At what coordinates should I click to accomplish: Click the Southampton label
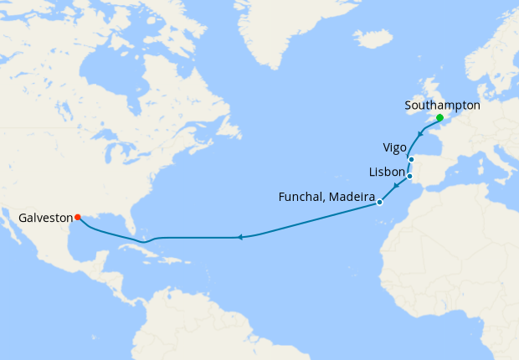point(442,105)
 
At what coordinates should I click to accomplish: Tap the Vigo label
point(394,148)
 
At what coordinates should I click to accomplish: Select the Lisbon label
point(387,172)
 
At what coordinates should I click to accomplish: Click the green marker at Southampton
point(439,118)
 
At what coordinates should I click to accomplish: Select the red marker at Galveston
point(78,217)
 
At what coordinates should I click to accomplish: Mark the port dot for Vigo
point(411,159)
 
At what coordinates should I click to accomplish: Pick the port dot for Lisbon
point(409,177)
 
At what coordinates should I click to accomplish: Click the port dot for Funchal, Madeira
point(379,203)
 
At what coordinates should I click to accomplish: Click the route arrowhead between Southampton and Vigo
point(419,134)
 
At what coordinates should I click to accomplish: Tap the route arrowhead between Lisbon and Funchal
point(394,188)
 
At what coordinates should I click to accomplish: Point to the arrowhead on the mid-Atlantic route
point(239,238)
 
